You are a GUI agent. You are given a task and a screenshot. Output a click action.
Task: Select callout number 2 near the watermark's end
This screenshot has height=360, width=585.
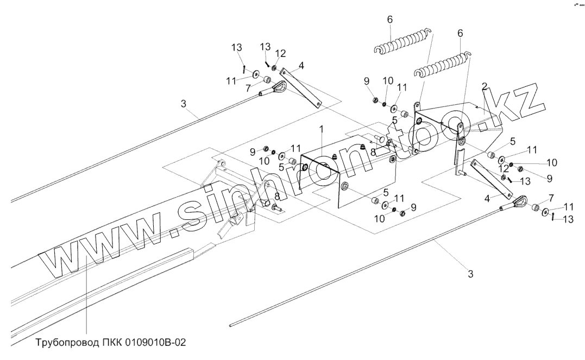tap(484, 86)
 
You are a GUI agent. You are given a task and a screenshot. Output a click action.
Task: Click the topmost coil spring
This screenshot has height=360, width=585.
tap(405, 41)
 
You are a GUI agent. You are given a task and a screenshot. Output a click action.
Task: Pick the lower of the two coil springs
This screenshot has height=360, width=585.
tap(442, 65)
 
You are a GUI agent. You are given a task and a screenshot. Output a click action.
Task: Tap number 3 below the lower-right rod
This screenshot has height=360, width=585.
tap(470, 274)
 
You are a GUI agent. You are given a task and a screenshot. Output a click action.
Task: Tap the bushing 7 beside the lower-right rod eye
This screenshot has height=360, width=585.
tap(535, 207)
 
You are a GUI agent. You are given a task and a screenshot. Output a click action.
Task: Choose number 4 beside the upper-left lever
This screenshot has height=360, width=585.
tap(300, 65)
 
